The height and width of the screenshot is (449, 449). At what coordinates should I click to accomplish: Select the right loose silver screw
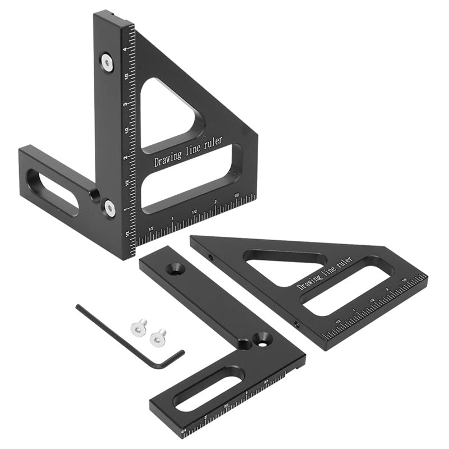158,336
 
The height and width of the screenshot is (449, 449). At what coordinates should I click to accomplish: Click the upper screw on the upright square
107,62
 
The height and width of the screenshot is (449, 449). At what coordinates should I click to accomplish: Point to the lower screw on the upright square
109,209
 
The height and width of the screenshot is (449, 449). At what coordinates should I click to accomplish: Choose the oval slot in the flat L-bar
208,390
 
